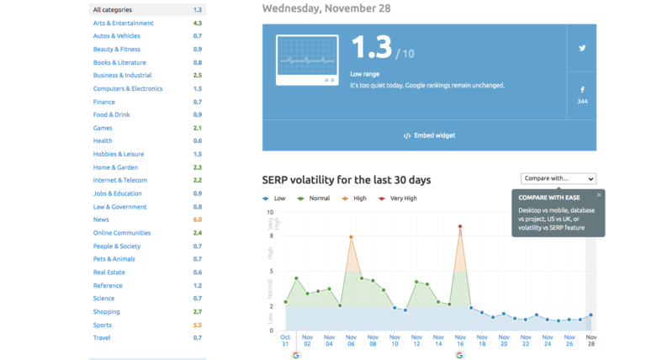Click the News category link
coord(101,220)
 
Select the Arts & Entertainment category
coord(123,23)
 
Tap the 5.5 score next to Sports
coord(198,325)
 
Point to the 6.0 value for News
coord(198,220)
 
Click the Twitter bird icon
coord(582,48)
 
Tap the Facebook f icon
coord(582,90)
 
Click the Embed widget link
coord(429,135)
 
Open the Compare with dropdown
coord(559,178)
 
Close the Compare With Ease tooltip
coord(599,195)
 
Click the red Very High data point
coord(460,226)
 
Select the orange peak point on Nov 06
coord(351,237)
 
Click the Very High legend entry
coord(398,199)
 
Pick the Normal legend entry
coord(314,199)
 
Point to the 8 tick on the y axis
coord(271,236)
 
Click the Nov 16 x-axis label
coord(460,340)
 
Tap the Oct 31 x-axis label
coord(285,340)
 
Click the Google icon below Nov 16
coord(460,355)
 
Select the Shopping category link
coord(106,312)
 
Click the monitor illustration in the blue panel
coord(307,60)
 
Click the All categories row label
coord(113,9)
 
